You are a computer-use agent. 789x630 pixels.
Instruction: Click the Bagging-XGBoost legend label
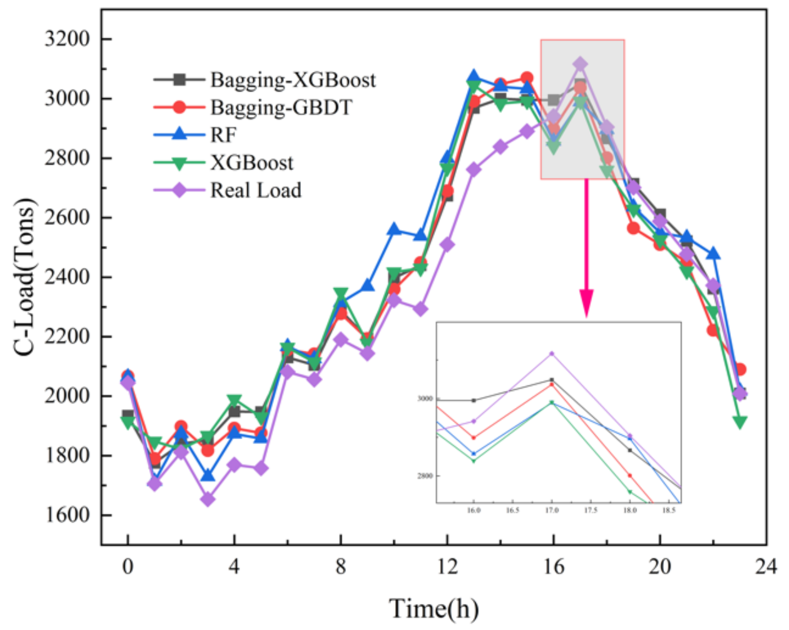point(292,80)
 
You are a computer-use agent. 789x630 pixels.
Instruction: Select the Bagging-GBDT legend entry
point(281,108)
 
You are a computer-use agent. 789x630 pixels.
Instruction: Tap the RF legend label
point(223,135)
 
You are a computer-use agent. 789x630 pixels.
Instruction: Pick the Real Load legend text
point(256,190)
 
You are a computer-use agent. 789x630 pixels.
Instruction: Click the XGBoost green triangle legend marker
point(179,163)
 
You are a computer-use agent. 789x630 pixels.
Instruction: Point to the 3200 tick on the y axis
point(67,39)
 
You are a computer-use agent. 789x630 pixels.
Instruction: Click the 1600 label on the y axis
point(67,515)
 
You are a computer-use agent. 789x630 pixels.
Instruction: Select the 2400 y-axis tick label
point(67,277)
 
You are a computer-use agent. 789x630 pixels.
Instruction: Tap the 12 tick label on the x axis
point(447,567)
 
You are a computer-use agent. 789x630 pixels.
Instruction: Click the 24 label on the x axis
point(766,567)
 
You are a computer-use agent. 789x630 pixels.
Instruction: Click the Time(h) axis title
point(434,608)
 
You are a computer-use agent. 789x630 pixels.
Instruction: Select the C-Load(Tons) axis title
point(25,277)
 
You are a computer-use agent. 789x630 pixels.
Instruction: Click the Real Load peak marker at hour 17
point(580,64)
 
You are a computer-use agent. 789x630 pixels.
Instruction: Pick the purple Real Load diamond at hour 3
point(208,499)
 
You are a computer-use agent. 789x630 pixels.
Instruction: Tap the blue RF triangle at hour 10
point(394,229)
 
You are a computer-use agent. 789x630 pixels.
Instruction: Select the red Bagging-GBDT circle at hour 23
point(740,370)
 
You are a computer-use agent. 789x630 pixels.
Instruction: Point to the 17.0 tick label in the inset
point(551,510)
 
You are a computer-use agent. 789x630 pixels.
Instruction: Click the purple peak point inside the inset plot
point(551,353)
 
